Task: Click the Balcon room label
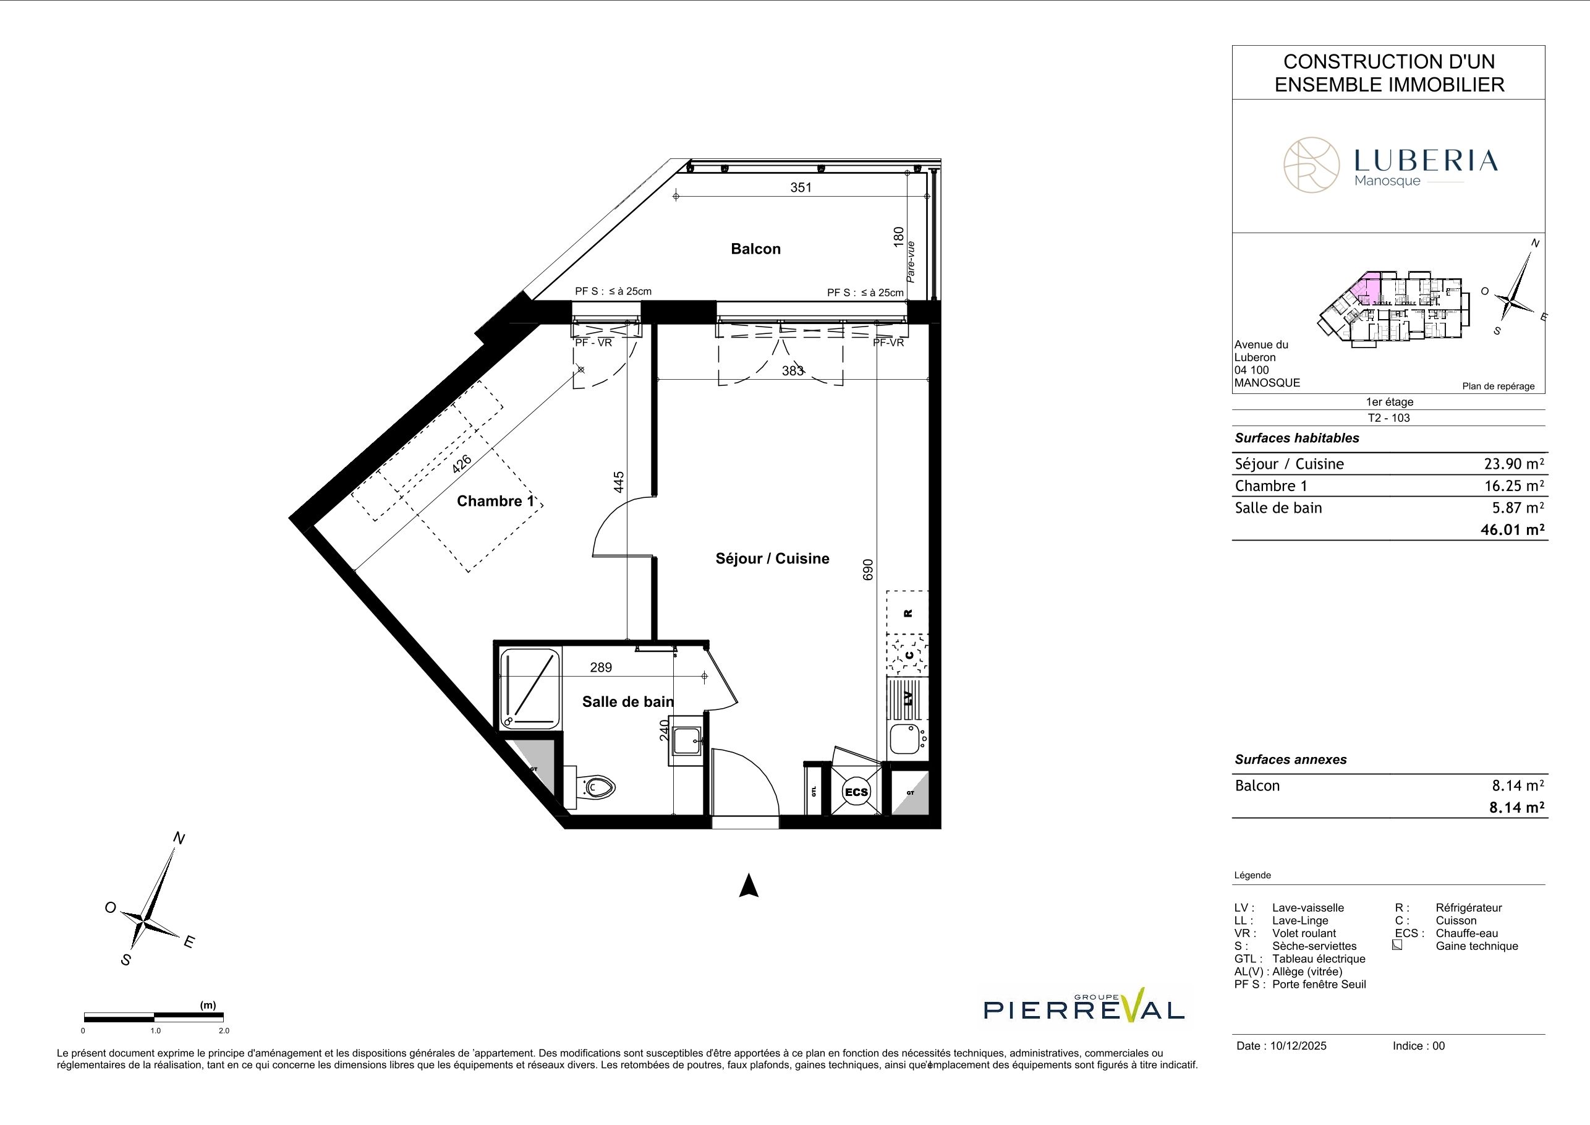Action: pyautogui.click(x=755, y=249)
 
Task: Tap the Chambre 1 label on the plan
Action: pyautogui.click(x=496, y=501)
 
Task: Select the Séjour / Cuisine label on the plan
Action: pyautogui.click(x=772, y=558)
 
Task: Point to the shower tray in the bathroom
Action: pyautogui.click(x=530, y=688)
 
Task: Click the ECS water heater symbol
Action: pyautogui.click(x=856, y=792)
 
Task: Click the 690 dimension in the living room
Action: pyautogui.click(x=868, y=570)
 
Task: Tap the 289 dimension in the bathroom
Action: pyautogui.click(x=601, y=667)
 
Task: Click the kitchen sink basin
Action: pyautogui.click(x=904, y=739)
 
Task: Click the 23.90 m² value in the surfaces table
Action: pyautogui.click(x=1514, y=464)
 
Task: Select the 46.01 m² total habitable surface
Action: pyautogui.click(x=1514, y=530)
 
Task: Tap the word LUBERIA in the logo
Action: pyautogui.click(x=1426, y=161)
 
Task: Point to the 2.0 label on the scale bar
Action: pyautogui.click(x=224, y=1031)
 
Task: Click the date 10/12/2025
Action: pyautogui.click(x=1298, y=1046)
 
